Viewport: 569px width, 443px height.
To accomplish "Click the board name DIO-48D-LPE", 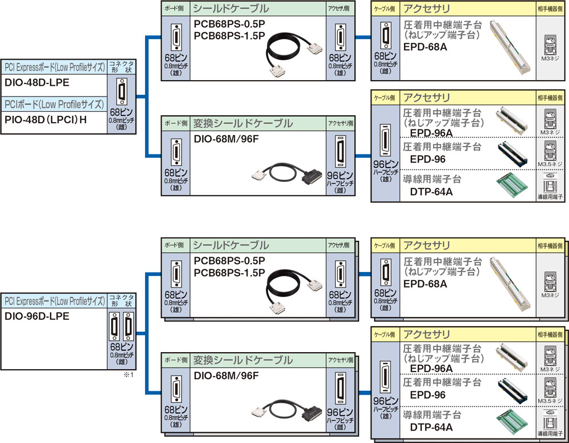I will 37,83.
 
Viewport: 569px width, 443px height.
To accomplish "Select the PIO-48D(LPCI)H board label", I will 46,120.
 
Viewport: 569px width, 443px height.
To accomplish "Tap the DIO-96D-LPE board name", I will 37,316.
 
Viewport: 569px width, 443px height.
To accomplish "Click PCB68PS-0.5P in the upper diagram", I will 229,26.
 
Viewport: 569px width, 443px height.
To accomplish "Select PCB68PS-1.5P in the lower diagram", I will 229,273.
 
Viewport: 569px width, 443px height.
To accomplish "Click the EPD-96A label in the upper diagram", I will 431,133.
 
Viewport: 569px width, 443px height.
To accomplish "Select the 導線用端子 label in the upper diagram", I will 550,197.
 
